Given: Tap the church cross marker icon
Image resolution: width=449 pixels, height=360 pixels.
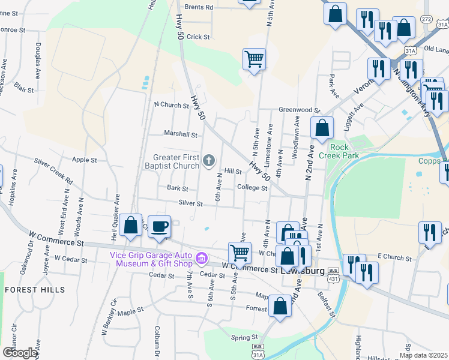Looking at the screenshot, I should (x=209, y=160).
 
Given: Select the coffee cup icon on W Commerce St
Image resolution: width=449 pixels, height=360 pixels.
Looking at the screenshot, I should (x=159, y=226).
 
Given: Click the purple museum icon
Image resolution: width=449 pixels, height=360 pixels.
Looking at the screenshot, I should (x=202, y=258).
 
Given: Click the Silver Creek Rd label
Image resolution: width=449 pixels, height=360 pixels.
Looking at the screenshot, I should (x=53, y=172).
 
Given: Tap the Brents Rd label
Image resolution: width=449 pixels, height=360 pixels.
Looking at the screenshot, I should (x=199, y=7).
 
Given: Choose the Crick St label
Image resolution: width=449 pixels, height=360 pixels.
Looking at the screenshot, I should (x=198, y=37).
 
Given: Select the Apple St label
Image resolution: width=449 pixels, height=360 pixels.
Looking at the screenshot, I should (x=85, y=160).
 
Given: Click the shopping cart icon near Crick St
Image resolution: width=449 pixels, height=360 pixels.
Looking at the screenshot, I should (x=255, y=59).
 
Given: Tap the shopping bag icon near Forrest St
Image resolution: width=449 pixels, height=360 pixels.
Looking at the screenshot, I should (x=280, y=306).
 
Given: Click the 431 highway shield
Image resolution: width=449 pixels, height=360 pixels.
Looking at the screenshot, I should (x=332, y=278).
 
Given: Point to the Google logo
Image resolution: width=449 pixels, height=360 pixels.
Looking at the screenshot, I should (x=20, y=352).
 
